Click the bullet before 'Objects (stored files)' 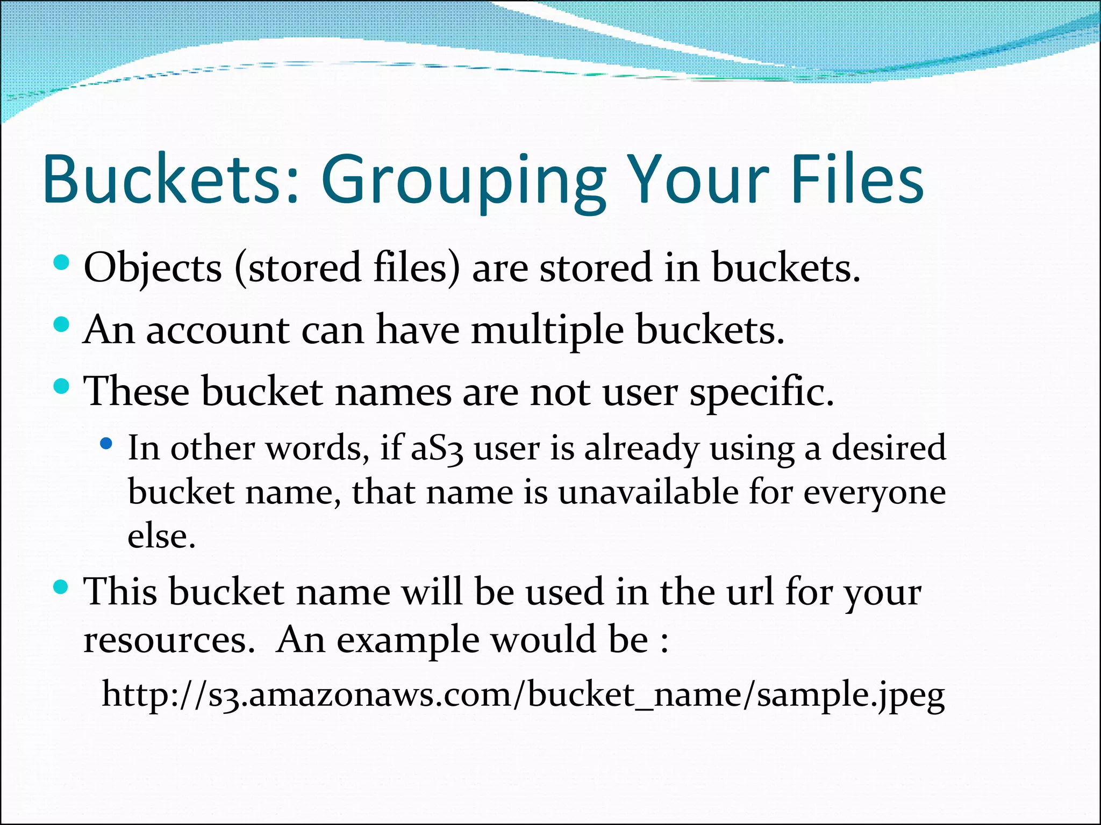coord(62,263)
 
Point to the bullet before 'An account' coord(62,324)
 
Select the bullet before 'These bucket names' coord(62,386)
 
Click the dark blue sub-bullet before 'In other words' coord(106,444)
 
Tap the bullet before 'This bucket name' coord(62,587)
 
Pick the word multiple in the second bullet coord(547,330)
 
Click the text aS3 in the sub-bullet coord(437,448)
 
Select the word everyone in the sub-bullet coord(874,493)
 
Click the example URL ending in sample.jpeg coord(523,694)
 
